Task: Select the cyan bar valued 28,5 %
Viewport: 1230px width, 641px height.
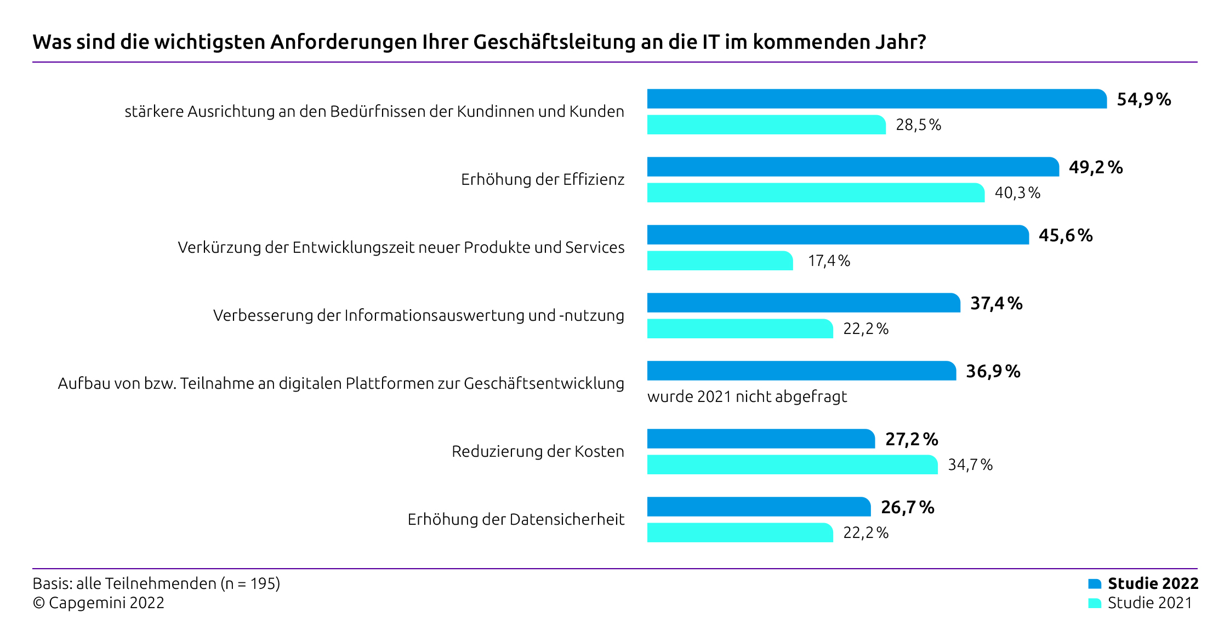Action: (766, 124)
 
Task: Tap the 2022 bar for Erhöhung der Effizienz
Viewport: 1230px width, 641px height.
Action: (852, 167)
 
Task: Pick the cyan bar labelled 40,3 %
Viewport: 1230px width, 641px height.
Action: (815, 192)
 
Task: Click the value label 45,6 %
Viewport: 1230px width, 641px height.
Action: (1065, 235)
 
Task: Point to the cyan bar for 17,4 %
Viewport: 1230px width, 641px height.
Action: (719, 260)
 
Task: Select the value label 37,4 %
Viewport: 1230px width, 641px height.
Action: (996, 303)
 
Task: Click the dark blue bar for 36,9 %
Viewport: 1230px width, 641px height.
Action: (801, 371)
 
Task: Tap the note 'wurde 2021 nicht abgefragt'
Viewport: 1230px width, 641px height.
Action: (747, 396)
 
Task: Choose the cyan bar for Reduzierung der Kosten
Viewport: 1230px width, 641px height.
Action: (792, 464)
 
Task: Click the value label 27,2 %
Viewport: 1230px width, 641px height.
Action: (911, 439)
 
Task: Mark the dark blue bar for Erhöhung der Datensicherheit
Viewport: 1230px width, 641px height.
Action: (758, 507)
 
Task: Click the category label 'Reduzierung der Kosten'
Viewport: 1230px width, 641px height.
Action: (537, 451)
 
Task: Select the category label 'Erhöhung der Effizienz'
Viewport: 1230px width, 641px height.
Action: (542, 179)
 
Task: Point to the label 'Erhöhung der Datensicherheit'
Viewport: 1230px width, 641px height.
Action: (515, 519)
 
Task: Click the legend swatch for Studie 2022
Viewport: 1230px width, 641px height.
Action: (1094, 583)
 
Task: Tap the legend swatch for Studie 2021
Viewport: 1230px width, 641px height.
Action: (1094, 603)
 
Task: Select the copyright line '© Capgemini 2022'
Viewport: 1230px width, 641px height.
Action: (99, 603)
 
